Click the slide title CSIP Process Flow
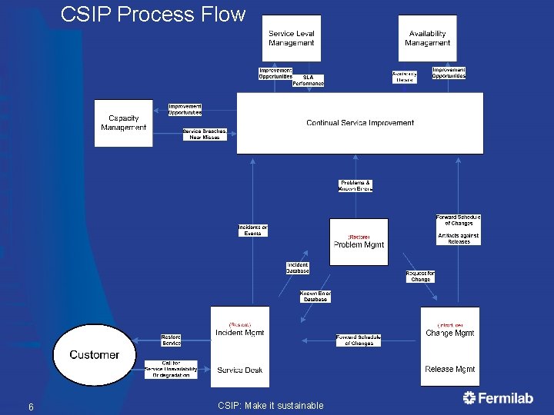pyautogui.click(x=152, y=15)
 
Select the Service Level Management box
pyautogui.click(x=291, y=38)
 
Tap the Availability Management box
pyautogui.click(x=427, y=38)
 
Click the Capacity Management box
pyautogui.click(x=124, y=123)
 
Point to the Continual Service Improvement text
pyautogui.click(x=359, y=123)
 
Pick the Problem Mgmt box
pyautogui.click(x=359, y=242)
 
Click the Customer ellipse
pyautogui.click(x=95, y=354)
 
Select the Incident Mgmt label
pyautogui.click(x=239, y=333)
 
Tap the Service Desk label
pyautogui.click(x=239, y=370)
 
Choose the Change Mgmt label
pyautogui.click(x=449, y=334)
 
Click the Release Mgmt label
pyautogui.click(x=449, y=369)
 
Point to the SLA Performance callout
pyautogui.click(x=309, y=81)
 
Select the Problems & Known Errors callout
pyautogui.click(x=355, y=186)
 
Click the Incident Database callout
pyautogui.click(x=298, y=267)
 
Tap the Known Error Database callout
pyautogui.click(x=315, y=296)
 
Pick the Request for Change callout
pyautogui.click(x=420, y=276)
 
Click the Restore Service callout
pyautogui.click(x=171, y=340)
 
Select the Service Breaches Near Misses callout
pyautogui.click(x=205, y=134)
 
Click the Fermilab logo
pyautogui.click(x=498, y=397)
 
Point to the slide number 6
pyautogui.click(x=30, y=407)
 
